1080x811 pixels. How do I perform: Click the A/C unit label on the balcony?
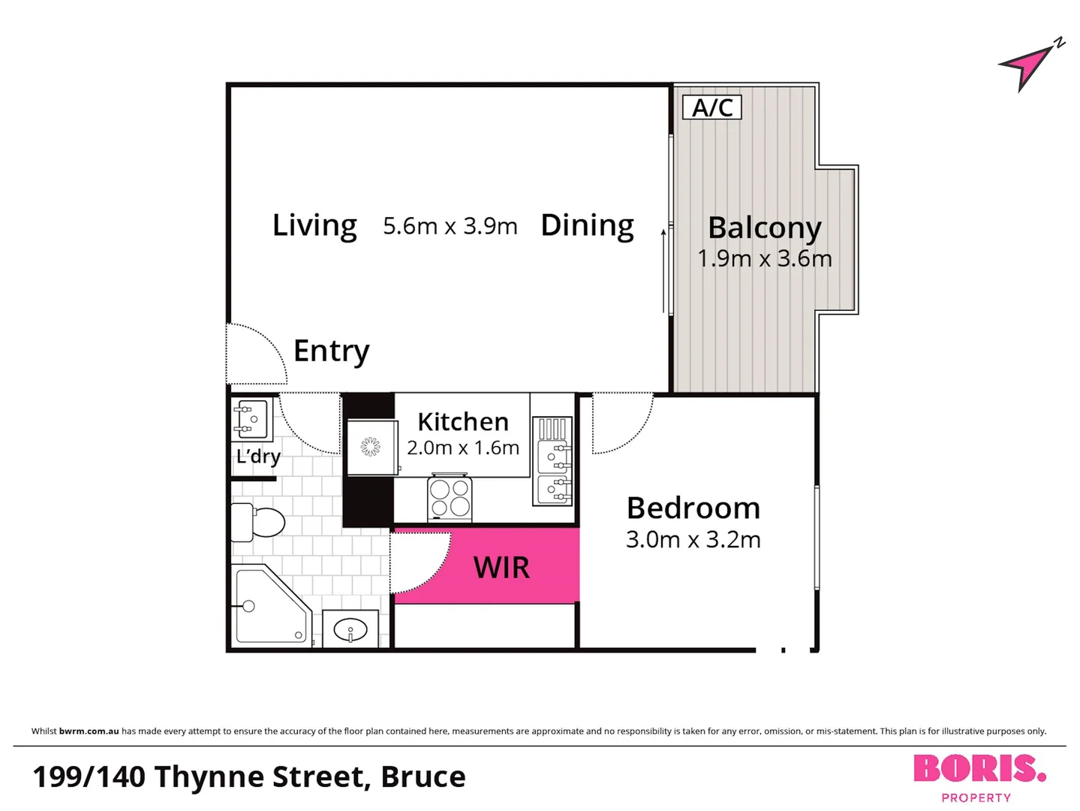point(711,107)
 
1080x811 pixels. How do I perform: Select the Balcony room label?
point(764,228)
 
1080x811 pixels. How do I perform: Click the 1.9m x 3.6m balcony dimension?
point(764,259)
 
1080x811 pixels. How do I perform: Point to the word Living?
point(314,225)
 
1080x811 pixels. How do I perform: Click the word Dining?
point(587,225)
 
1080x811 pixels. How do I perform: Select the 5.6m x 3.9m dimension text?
point(450,226)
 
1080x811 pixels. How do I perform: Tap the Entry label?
point(331,351)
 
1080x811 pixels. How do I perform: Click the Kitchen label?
point(462,421)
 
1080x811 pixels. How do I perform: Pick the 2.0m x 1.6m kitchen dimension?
point(462,448)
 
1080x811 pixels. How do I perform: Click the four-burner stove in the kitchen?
point(450,498)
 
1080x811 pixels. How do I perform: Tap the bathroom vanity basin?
point(350,629)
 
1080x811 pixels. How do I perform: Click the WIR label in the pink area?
point(501,568)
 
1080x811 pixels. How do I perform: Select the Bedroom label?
point(693,508)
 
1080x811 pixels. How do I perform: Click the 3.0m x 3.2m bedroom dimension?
point(693,540)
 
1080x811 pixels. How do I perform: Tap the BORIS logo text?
point(978,769)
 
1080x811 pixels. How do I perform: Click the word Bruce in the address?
point(423,777)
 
